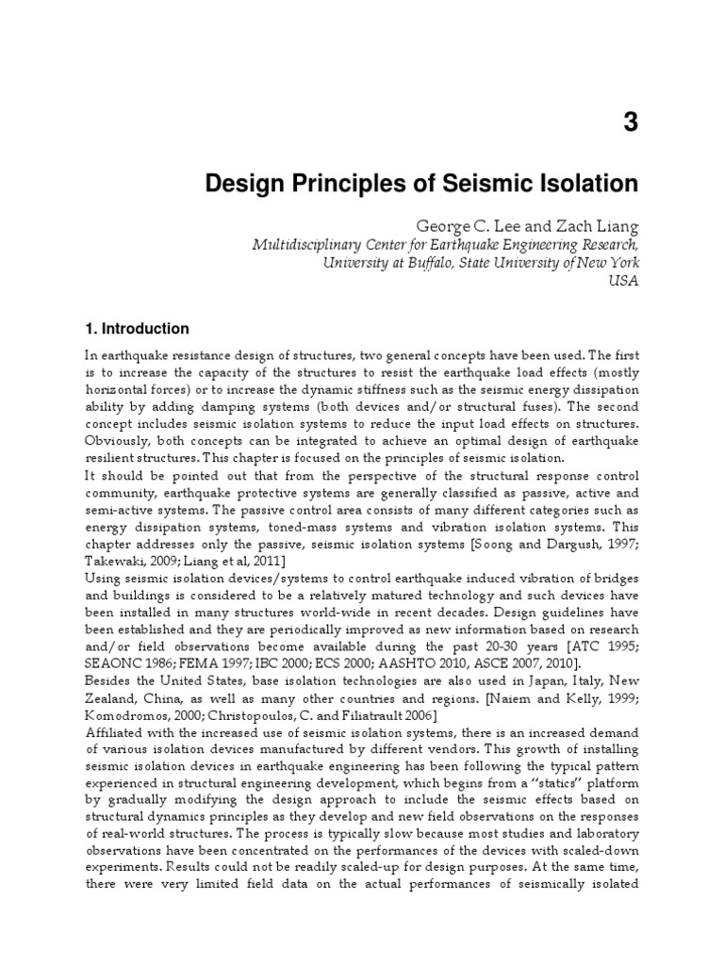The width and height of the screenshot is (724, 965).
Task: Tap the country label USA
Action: pos(624,282)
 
